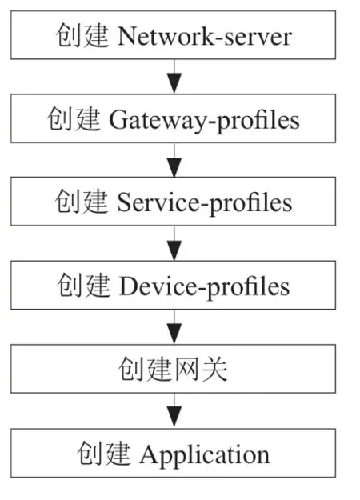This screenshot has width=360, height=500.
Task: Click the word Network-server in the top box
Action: click(x=204, y=37)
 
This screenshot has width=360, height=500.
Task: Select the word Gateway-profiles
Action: click(x=204, y=121)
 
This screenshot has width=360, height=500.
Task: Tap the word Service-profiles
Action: click(x=204, y=203)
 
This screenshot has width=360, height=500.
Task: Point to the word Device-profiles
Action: click(x=204, y=287)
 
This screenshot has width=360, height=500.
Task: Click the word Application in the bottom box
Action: click(x=205, y=455)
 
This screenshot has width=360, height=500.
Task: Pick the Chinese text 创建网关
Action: click(x=173, y=370)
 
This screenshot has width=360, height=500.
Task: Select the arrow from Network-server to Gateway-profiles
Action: click(x=174, y=77)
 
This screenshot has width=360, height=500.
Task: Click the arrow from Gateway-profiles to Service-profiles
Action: click(x=174, y=160)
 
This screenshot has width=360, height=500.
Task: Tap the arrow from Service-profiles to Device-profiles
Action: click(x=174, y=243)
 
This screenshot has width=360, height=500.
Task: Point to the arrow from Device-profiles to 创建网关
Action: click(x=174, y=327)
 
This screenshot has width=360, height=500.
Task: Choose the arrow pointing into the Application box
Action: click(x=174, y=410)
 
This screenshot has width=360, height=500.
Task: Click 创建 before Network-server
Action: click(x=82, y=35)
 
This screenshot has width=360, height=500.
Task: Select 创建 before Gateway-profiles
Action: click(x=74, y=119)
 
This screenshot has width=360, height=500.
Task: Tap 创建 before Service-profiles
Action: click(x=82, y=202)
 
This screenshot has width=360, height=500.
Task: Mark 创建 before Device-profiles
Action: click(x=84, y=285)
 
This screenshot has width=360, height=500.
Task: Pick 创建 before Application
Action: click(x=104, y=453)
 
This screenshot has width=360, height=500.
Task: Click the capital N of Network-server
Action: click(x=127, y=37)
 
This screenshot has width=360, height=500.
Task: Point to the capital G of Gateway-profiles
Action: click(x=118, y=120)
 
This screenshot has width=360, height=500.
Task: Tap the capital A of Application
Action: click(x=150, y=454)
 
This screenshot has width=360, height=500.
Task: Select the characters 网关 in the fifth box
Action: click(x=200, y=370)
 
